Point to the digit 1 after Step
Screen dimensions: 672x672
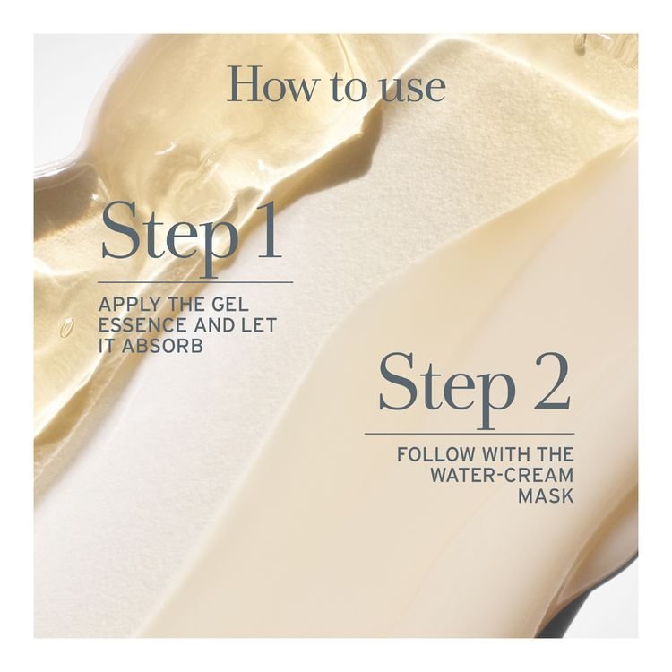(266, 230)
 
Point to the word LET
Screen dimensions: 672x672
(259, 325)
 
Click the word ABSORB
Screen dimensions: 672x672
(162, 346)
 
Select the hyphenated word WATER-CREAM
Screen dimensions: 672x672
(502, 475)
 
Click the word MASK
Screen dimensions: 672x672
(546, 495)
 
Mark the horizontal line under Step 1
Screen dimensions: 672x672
(195, 282)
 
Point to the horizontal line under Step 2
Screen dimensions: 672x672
(470, 434)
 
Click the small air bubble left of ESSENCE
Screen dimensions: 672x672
(66, 327)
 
